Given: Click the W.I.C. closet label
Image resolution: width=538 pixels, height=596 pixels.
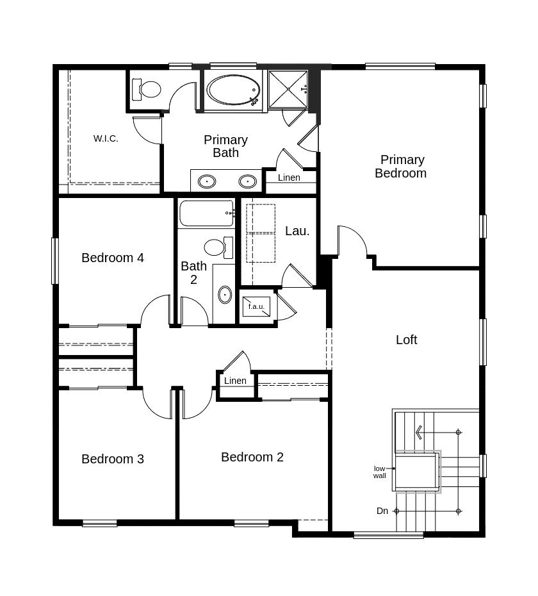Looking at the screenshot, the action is click(x=106, y=138).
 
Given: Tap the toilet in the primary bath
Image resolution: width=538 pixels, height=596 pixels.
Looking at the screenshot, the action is click(x=146, y=89).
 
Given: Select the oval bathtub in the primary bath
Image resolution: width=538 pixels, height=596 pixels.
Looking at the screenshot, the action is click(x=233, y=90).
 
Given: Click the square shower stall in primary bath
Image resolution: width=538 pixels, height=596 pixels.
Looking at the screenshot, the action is click(x=288, y=89).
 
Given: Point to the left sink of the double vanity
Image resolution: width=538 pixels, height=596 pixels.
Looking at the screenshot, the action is click(x=207, y=181).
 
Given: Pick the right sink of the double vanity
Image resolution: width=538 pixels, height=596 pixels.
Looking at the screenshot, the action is click(x=248, y=181).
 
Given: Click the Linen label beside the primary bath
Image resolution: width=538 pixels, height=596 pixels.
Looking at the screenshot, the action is click(x=289, y=178).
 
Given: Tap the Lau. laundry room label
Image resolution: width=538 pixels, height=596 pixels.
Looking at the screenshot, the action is click(x=297, y=231).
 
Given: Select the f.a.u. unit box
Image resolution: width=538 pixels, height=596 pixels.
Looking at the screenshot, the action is click(x=256, y=306).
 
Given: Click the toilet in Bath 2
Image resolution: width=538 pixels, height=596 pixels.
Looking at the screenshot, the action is click(x=218, y=247).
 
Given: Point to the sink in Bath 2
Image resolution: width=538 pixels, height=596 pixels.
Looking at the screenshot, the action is click(x=225, y=295).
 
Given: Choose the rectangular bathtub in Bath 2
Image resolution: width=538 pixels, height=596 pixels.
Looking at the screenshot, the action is click(x=206, y=213).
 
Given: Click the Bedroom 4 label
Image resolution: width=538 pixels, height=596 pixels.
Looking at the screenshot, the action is click(x=113, y=258).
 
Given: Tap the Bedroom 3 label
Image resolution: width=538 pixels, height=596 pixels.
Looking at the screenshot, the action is click(x=113, y=459).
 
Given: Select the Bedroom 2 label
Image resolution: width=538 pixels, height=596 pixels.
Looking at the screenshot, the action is click(x=252, y=457).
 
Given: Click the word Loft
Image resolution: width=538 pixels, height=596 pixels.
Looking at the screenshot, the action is click(x=407, y=340).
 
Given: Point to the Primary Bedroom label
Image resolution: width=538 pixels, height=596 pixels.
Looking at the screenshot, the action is click(x=401, y=166).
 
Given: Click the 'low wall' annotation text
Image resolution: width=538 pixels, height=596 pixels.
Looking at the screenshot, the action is click(x=380, y=472).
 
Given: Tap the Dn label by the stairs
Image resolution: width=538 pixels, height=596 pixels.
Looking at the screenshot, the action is click(x=382, y=511).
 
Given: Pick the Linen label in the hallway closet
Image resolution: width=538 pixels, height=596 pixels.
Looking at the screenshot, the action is click(x=235, y=381).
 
